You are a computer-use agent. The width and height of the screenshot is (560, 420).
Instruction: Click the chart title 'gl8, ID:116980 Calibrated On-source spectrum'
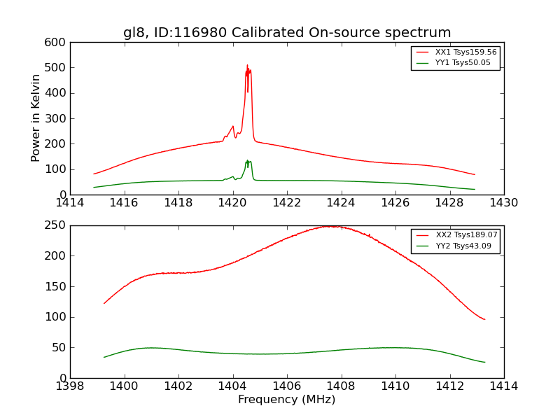pyautogui.click(x=287, y=33)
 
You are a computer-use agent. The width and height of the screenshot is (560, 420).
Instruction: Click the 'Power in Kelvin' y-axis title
pyautogui.click(x=36, y=118)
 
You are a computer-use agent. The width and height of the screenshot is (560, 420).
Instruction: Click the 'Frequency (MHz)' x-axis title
pyautogui.click(x=286, y=400)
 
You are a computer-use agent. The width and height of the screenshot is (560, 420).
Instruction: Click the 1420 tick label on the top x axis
pyautogui.click(x=232, y=203)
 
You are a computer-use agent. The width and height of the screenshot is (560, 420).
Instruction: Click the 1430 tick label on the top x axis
pyautogui.click(x=503, y=203)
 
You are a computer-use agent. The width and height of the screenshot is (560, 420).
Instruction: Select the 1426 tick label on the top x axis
pyautogui.click(x=395, y=203)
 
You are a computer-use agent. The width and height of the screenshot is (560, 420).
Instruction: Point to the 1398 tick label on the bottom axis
pyautogui.click(x=70, y=386)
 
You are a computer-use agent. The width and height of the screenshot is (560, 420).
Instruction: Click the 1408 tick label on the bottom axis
pyautogui.click(x=341, y=386)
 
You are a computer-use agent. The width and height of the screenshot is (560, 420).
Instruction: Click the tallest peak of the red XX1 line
pyautogui.click(x=246, y=66)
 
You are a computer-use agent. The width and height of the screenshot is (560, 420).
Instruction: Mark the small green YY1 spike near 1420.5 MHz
pyautogui.click(x=247, y=160)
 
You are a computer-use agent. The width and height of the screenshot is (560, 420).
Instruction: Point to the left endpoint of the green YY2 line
pyautogui.click(x=104, y=357)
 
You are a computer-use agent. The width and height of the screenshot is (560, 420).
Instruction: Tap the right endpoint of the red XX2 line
pyautogui.click(x=484, y=319)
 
